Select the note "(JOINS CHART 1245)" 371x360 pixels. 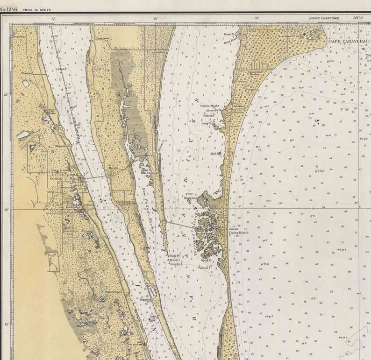(324, 18)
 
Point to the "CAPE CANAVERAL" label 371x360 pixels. (348, 41)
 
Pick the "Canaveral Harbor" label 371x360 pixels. (255, 73)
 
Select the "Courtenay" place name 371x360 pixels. (102, 38)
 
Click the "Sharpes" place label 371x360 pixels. (26, 73)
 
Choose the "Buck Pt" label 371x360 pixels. (174, 256)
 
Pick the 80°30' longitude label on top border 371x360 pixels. (358, 18)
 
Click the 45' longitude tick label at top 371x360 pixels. (54, 18)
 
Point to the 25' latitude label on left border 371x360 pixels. (6, 95)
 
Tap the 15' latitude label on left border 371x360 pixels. (6, 324)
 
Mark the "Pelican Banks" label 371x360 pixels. (209, 106)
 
